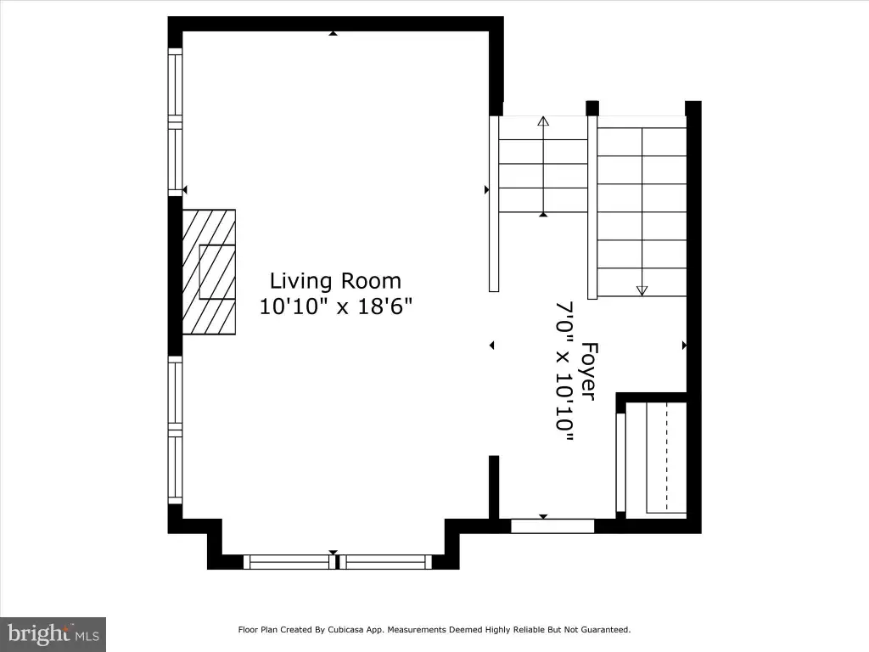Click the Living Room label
(x=335, y=281)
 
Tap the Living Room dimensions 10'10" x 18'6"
(x=336, y=306)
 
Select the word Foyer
(x=590, y=371)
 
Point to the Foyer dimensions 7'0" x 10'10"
(x=564, y=371)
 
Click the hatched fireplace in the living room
(x=209, y=272)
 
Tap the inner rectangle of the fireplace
(x=217, y=272)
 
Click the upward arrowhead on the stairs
(x=543, y=121)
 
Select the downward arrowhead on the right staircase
(x=642, y=290)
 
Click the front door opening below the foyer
(x=552, y=526)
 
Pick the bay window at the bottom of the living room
(x=338, y=562)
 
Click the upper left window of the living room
(x=175, y=122)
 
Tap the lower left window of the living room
(x=175, y=430)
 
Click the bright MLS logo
(x=53, y=634)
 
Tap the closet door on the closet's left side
(x=621, y=463)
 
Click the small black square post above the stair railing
(x=592, y=108)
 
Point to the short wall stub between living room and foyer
(x=494, y=487)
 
